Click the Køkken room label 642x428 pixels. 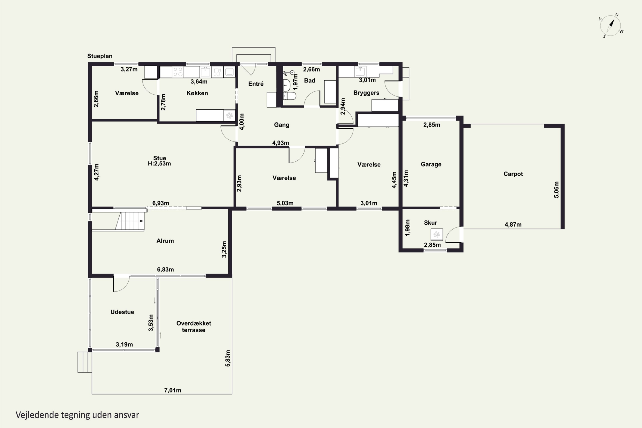[x=197, y=93]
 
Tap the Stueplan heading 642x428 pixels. [x=100, y=56]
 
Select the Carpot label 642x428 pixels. [x=513, y=174]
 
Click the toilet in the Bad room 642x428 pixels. [x=289, y=96]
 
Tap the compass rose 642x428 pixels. [x=611, y=26]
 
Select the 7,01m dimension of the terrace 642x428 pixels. [x=172, y=390]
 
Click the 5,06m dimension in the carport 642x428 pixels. [x=556, y=190]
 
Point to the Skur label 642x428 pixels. [x=430, y=223]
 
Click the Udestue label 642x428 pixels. [x=122, y=312]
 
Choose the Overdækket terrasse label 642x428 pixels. [x=193, y=327]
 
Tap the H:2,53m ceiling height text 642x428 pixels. [x=159, y=164]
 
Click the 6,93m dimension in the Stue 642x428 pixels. [x=160, y=203]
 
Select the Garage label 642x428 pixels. [x=431, y=164]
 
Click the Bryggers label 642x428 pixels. [x=366, y=93]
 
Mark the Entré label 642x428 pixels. [x=256, y=84]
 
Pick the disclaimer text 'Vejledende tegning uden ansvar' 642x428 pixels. [x=77, y=415]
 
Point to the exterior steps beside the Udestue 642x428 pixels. [x=85, y=362]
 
